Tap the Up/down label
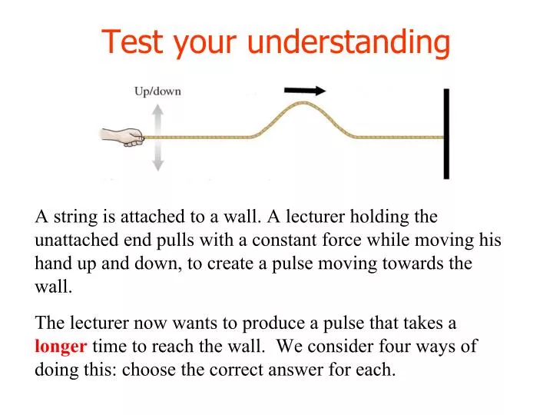[157, 91]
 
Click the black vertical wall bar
[446, 134]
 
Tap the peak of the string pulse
[306, 102]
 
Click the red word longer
[61, 346]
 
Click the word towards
[407, 263]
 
